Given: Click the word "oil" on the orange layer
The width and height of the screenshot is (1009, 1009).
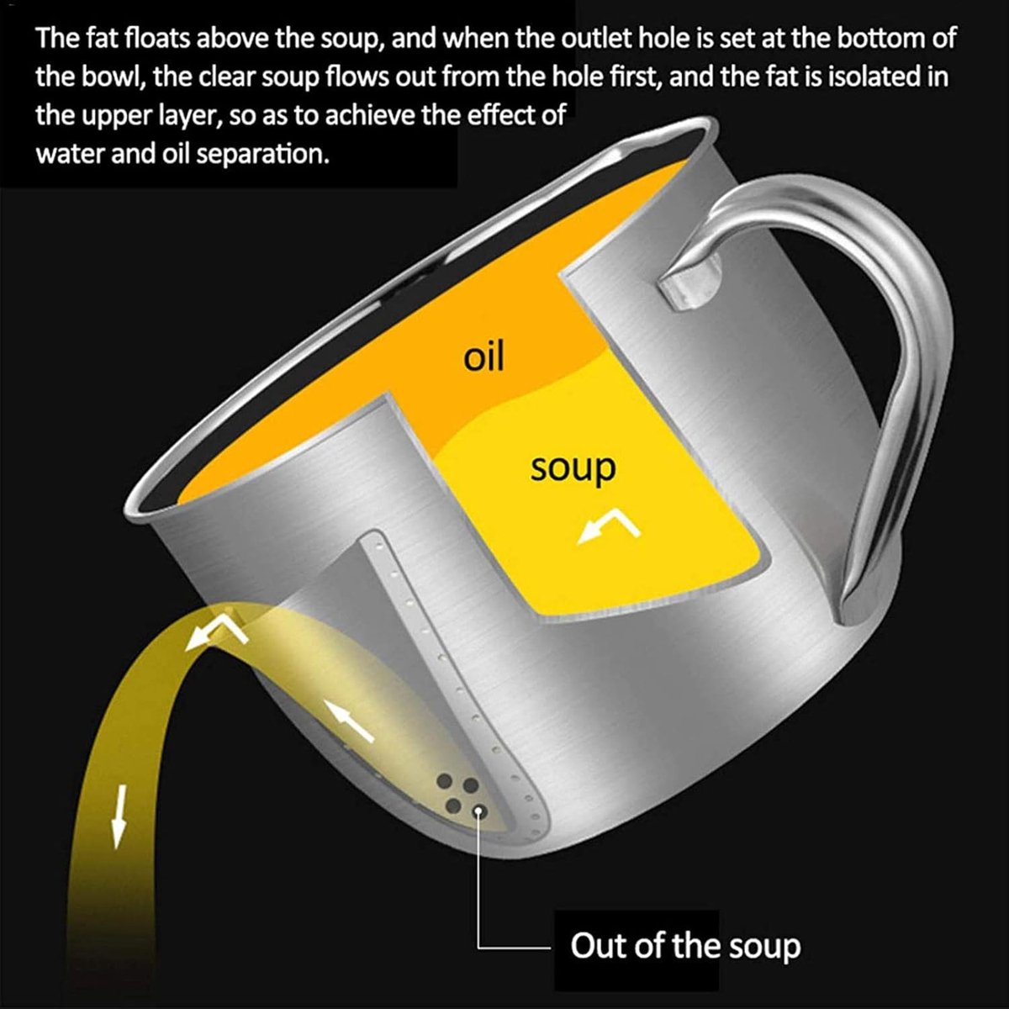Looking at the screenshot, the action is pyautogui.click(x=483, y=357).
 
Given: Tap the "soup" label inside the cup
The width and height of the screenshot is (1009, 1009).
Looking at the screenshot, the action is pyautogui.click(x=573, y=468).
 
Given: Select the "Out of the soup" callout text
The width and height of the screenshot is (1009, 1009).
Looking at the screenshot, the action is pyautogui.click(x=685, y=946).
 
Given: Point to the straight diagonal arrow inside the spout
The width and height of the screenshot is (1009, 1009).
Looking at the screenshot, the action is pyautogui.click(x=350, y=721).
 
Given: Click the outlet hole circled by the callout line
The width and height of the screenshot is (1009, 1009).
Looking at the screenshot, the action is pyautogui.click(x=478, y=812).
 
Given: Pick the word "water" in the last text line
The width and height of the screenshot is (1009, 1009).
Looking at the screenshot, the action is pyautogui.click(x=71, y=153).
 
